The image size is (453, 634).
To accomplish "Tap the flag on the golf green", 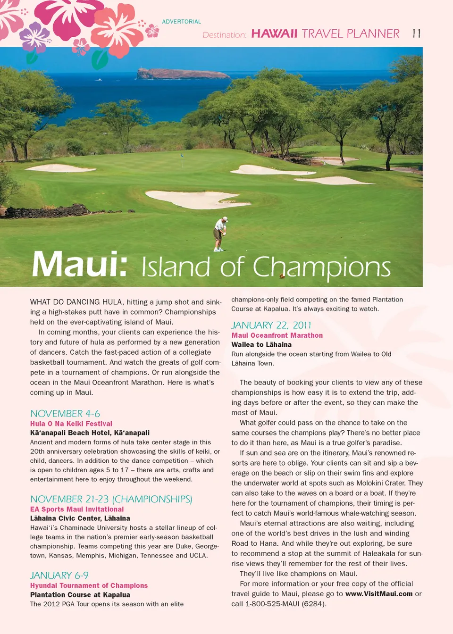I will tap(182, 156).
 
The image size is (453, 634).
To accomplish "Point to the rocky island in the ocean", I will tap(182, 74).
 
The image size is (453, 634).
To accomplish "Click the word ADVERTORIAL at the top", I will tap(182, 22).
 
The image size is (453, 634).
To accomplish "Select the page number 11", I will tap(416, 33).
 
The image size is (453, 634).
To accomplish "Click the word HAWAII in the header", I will tap(274, 33).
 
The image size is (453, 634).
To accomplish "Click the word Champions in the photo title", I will tap(322, 267).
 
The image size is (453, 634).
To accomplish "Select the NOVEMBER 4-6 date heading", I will tap(65, 414).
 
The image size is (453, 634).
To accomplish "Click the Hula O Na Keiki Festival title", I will tap(71, 424).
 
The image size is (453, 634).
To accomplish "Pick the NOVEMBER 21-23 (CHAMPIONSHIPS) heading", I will tap(111, 499).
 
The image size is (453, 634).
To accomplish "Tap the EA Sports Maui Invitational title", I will tap(77, 509).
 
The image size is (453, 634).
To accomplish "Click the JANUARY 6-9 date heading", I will tap(59, 576).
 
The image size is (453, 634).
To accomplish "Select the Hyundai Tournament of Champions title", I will tap(89, 585).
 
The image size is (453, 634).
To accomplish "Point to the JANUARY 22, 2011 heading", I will tap(271, 325).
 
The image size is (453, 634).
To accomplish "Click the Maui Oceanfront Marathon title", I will tap(277, 335).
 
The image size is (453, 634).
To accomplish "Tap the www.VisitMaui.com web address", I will tap(379, 594).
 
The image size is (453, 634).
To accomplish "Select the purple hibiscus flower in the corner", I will tap(34, 36).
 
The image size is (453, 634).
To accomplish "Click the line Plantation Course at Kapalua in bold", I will tap(80, 595).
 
